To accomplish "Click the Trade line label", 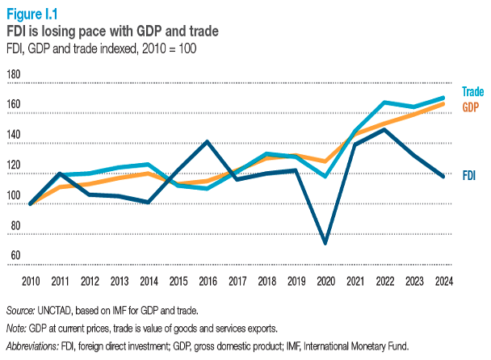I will pyautogui.click(x=472, y=92).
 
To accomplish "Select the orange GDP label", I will pyautogui.click(x=471, y=107).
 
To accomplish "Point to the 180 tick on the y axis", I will pyautogui.click(x=13, y=74).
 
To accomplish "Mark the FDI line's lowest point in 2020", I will pyautogui.click(x=325, y=243).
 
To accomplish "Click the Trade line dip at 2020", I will pyautogui.click(x=325, y=175).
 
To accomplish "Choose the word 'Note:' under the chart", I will pyautogui.click(x=18, y=329).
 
